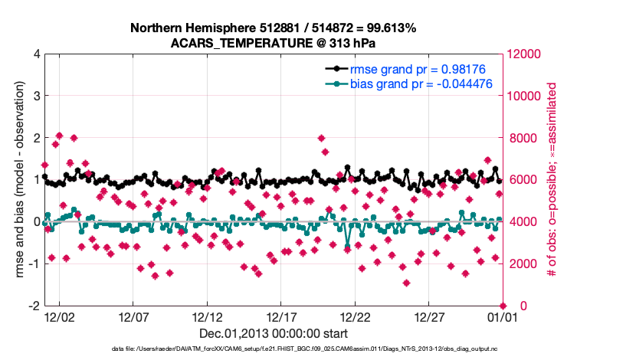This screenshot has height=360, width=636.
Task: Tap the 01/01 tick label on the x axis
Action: point(503,316)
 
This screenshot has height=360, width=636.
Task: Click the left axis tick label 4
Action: point(36,54)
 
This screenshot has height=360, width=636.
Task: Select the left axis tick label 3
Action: point(36,97)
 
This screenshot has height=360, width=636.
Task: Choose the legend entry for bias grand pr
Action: point(417,83)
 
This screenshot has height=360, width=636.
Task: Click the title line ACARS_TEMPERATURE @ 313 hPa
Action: point(274,43)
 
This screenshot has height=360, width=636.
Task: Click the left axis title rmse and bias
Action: point(18,180)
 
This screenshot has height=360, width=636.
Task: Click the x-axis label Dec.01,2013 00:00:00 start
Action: point(274,333)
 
